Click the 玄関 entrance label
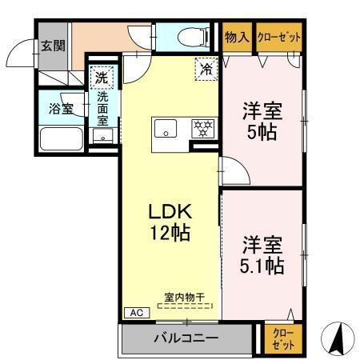click(52, 45)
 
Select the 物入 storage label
click(236, 37)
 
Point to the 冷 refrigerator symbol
click(206, 69)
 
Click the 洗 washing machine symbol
click(102, 77)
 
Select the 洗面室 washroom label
click(103, 108)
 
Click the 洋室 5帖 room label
click(262, 122)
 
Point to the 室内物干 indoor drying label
click(185, 297)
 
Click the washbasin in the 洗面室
click(101, 137)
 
